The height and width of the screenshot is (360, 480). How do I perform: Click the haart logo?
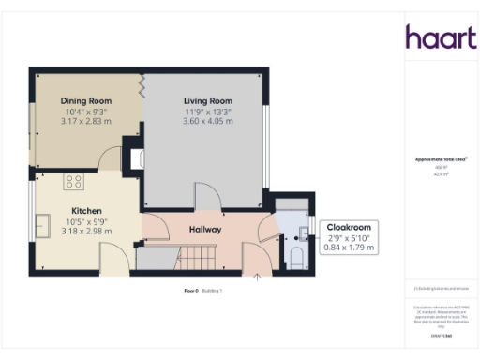pyautogui.click(x=435, y=37)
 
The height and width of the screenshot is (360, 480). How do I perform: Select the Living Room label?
pyautogui.click(x=207, y=100)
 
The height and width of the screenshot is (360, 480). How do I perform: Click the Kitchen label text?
pyautogui.click(x=85, y=211)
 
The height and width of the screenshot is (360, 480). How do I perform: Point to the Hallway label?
pyautogui.click(x=205, y=229)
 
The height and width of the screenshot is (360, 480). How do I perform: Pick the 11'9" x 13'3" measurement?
pyautogui.click(x=207, y=111)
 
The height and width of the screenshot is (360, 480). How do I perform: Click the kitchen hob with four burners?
pyautogui.click(x=74, y=181)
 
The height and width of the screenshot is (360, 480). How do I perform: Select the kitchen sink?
pyautogui.click(x=43, y=225)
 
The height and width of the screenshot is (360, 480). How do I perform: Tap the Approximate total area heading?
pyautogui.click(x=434, y=159)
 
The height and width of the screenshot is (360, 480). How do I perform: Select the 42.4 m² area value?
pyautogui.click(x=434, y=173)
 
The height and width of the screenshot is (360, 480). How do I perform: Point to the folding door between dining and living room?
pyautogui.click(x=142, y=87)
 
